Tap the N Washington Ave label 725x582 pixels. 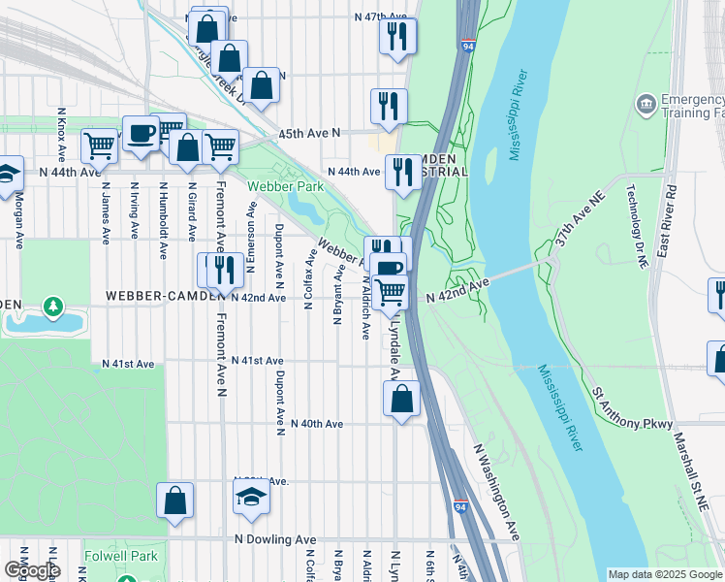[497, 492]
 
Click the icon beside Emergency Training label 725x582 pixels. [645, 103]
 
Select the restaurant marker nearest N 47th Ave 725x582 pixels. [397, 36]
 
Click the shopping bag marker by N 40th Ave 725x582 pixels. [401, 398]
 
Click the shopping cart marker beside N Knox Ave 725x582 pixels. [99, 145]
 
